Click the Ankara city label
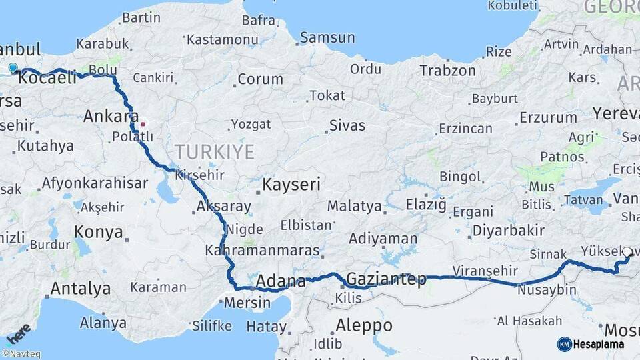click(x=111, y=117)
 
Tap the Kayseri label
click(x=291, y=184)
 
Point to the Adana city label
click(x=281, y=281)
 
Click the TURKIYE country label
click(x=214, y=152)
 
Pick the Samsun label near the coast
click(x=327, y=38)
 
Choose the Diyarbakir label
click(x=509, y=231)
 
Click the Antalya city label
click(x=81, y=289)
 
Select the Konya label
click(x=99, y=232)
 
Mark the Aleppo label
click(x=364, y=325)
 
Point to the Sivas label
click(x=347, y=125)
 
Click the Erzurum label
click(x=548, y=117)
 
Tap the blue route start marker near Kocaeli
click(x=13, y=68)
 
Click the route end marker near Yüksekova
click(x=627, y=253)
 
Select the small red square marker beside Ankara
click(x=142, y=123)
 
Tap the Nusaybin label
click(x=546, y=290)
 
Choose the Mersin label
click(x=247, y=303)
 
